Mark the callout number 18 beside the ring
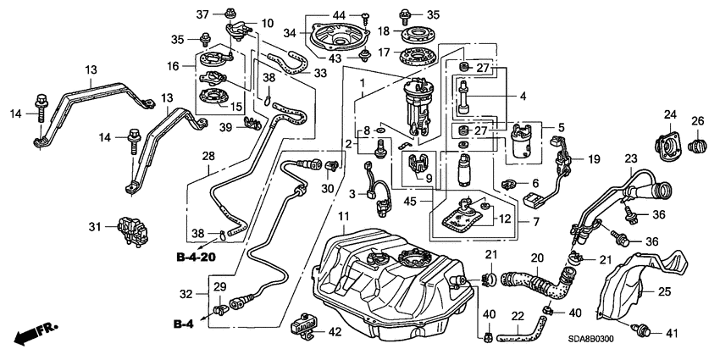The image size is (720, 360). click(383, 30)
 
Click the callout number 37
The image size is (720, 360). click(202, 14)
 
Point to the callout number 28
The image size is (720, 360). click(208, 156)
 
